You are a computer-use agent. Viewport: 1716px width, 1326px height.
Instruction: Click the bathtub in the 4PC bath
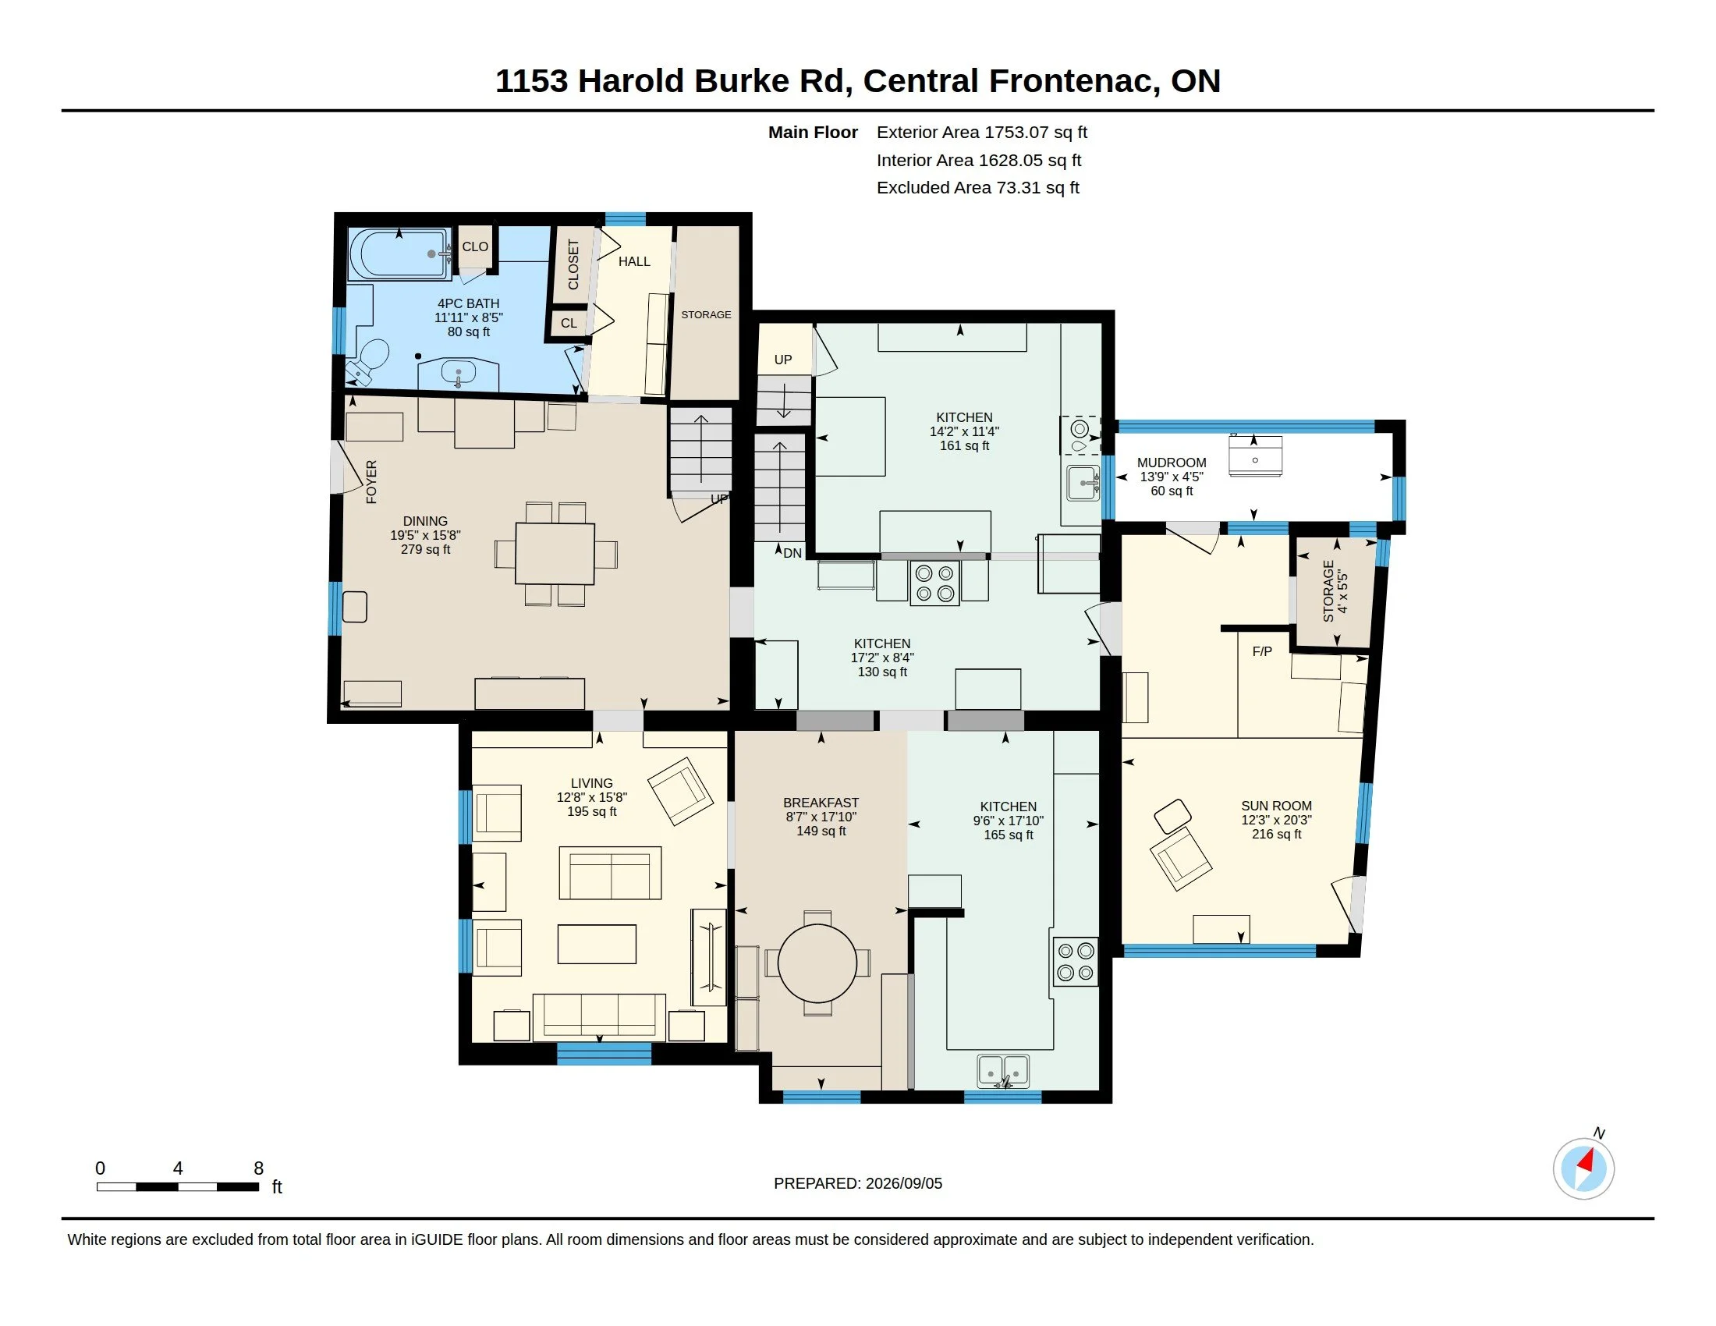click(x=400, y=253)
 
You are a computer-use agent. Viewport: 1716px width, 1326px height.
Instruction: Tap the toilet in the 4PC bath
click(x=368, y=360)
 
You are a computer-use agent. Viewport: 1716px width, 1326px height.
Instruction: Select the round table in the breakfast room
click(x=817, y=963)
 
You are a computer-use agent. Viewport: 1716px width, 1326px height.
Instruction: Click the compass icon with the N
click(x=1583, y=1168)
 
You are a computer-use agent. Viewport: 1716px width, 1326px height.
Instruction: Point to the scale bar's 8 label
click(x=258, y=1168)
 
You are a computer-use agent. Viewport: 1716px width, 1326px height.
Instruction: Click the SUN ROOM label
click(x=1276, y=806)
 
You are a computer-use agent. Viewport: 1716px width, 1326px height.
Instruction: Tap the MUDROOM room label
click(x=1172, y=463)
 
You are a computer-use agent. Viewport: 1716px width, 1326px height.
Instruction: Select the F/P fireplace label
click(x=1262, y=651)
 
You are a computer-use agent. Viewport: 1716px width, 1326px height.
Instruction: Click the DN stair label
click(x=792, y=553)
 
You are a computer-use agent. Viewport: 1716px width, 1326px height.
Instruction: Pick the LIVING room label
click(x=592, y=783)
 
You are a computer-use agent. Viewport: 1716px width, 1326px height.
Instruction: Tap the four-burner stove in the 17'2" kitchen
click(x=935, y=583)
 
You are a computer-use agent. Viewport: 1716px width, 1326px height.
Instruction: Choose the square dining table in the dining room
click(x=555, y=554)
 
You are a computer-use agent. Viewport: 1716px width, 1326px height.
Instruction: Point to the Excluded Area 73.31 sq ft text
click(x=978, y=188)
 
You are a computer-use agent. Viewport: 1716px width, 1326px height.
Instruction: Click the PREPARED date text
click(x=858, y=1183)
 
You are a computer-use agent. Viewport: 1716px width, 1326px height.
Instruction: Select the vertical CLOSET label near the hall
click(x=573, y=264)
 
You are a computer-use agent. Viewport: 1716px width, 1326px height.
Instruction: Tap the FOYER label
click(x=371, y=481)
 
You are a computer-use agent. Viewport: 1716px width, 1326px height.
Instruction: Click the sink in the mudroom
click(x=1255, y=456)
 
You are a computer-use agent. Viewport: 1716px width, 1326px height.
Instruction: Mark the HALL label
click(x=634, y=261)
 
